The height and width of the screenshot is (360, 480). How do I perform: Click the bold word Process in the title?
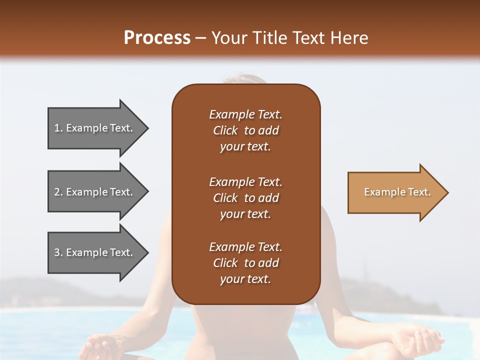coord(157,38)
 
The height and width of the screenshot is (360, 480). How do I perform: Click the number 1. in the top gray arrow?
coord(58,128)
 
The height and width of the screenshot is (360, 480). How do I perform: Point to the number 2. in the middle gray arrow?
coord(58,192)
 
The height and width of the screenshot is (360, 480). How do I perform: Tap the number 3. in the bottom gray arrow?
coord(58,252)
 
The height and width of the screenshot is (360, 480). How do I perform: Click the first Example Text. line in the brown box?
coord(245,114)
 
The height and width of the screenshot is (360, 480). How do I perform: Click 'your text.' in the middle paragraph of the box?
coord(245,214)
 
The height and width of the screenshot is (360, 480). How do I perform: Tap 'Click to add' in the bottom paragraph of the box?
coord(245,263)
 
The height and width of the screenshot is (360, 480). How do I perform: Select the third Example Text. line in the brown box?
coord(245,247)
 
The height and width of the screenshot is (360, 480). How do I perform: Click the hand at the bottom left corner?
coord(97,347)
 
